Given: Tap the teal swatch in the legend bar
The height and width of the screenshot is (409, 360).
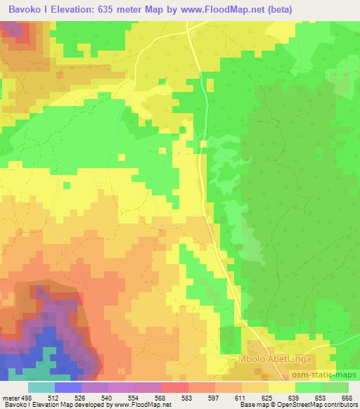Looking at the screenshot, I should pyautogui.click(x=41, y=387).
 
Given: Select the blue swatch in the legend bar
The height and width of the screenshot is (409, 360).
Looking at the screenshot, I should pyautogui.click(x=67, y=387).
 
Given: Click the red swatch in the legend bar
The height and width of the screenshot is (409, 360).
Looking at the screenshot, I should pyautogui.click(x=174, y=387).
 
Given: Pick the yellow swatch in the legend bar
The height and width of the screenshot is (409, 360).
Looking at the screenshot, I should pyautogui.click(x=281, y=387).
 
